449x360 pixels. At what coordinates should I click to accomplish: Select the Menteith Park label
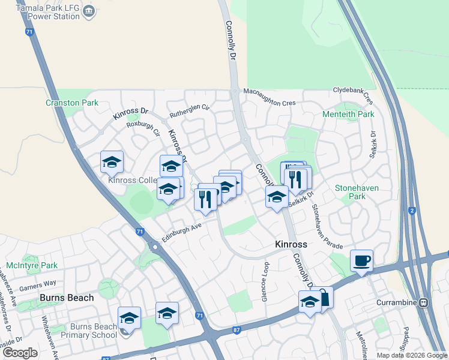(348, 114)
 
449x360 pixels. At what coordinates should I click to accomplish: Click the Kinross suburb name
(291, 244)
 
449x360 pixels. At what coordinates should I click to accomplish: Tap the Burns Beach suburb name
(67, 298)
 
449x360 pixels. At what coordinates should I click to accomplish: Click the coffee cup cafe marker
(361, 261)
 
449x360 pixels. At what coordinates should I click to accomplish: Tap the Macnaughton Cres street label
(270, 97)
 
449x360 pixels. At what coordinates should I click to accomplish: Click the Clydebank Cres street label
(355, 94)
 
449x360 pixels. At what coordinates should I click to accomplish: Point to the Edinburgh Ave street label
(178, 230)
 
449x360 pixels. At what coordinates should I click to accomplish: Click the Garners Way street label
(37, 283)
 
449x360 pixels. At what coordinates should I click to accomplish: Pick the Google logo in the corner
(19, 353)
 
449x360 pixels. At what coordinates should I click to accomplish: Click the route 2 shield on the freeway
(412, 210)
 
